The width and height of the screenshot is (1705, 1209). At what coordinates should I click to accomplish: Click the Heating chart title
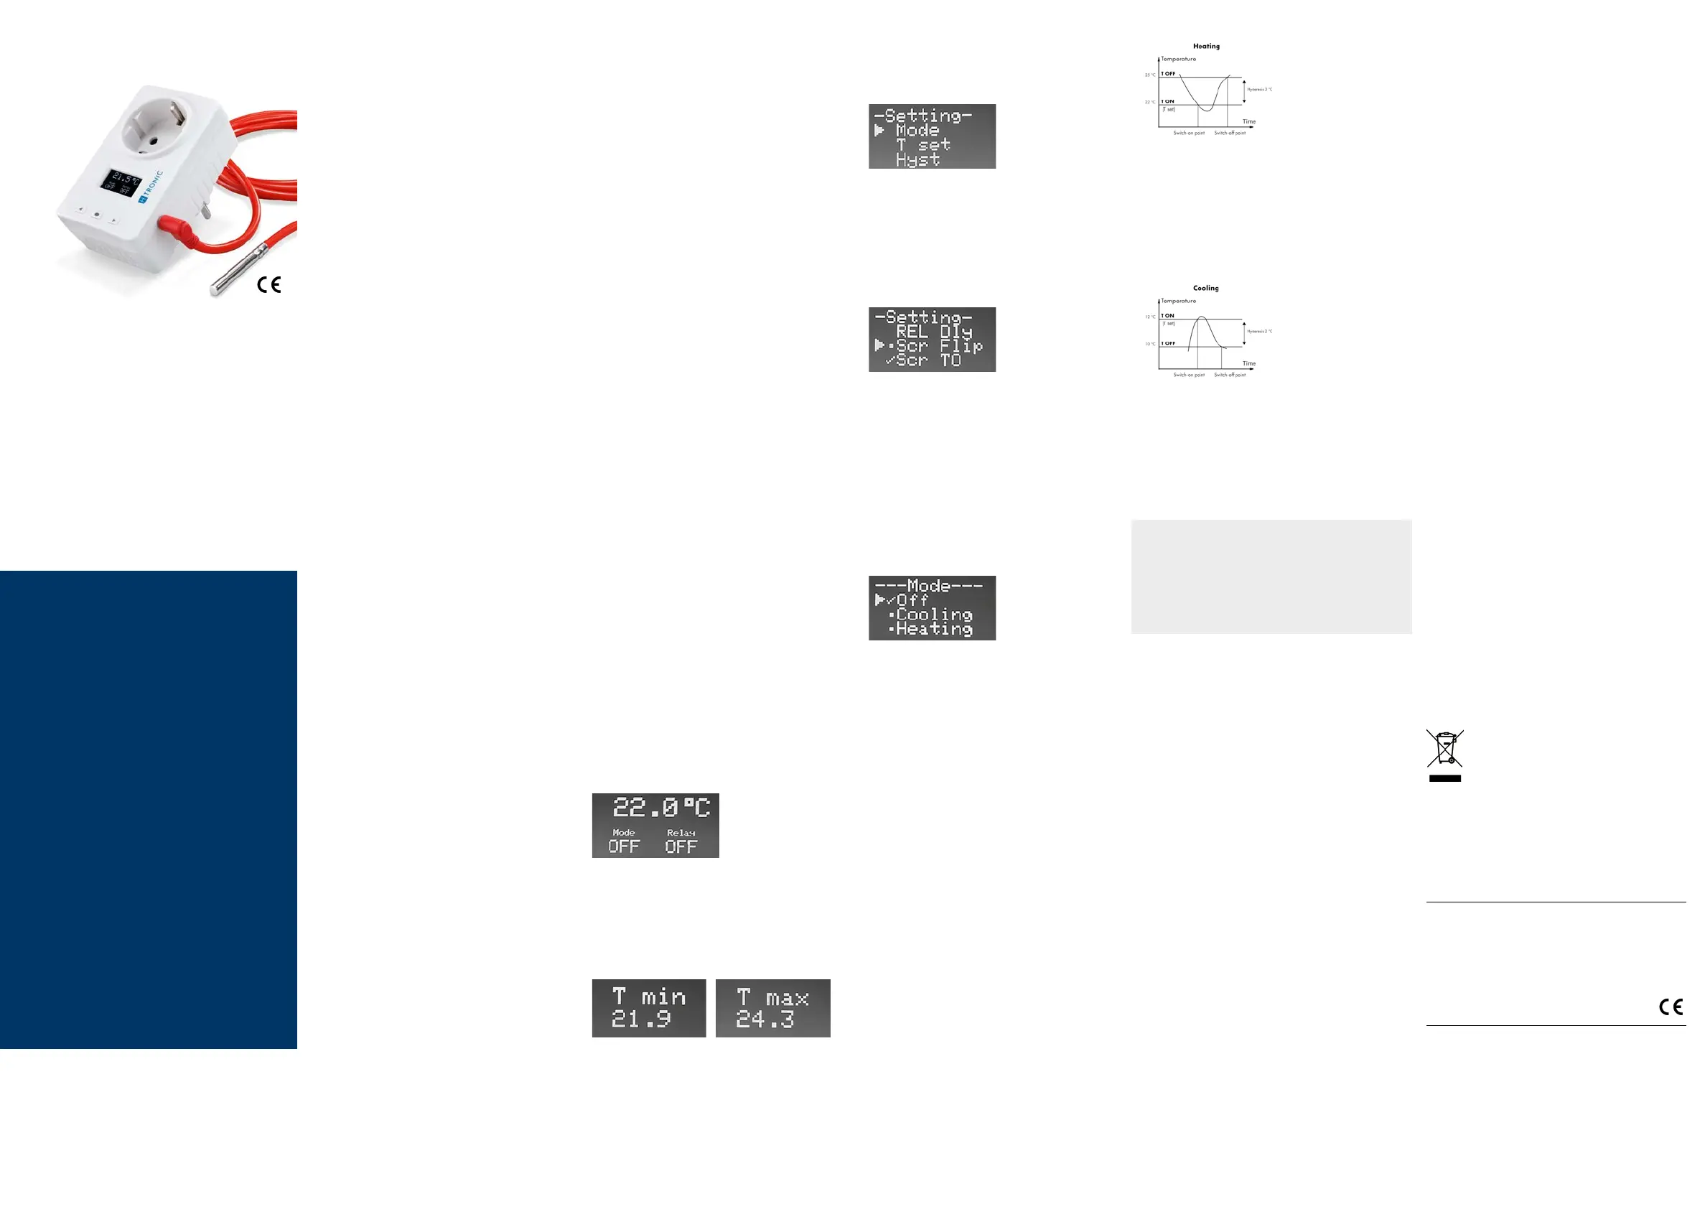1205,46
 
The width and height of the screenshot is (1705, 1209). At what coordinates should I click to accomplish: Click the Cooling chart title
1205,288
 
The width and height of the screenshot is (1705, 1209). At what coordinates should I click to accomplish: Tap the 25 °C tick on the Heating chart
1150,75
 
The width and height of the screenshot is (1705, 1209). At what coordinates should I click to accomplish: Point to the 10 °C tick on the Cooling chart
1150,344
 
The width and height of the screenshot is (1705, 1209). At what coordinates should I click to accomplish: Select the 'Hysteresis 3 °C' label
1259,89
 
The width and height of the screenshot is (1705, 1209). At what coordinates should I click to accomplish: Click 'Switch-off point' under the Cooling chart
1230,375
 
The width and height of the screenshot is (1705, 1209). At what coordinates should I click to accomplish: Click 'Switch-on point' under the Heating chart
1189,134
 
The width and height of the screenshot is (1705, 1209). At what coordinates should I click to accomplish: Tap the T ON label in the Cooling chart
1168,316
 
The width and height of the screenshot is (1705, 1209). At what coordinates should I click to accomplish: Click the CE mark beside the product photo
268,284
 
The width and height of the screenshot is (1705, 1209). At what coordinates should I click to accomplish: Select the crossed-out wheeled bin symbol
1444,749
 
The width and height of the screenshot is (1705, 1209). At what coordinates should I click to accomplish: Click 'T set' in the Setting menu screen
922,144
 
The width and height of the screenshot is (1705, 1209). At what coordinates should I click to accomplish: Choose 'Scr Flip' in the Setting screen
938,346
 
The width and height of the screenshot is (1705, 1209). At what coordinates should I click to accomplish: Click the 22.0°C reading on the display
661,807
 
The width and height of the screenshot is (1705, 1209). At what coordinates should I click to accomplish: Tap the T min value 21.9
641,1019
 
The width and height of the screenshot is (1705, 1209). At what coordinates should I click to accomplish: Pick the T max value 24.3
765,1019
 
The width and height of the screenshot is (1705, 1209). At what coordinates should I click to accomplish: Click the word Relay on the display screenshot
681,832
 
